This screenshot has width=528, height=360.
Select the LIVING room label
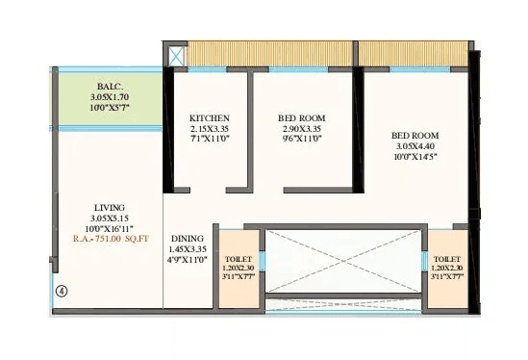point(107,207)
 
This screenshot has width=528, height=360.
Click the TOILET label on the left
point(239,260)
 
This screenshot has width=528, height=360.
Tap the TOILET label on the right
point(447,260)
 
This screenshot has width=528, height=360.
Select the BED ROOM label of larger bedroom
point(415,135)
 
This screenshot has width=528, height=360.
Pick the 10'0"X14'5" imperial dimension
point(415,156)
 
